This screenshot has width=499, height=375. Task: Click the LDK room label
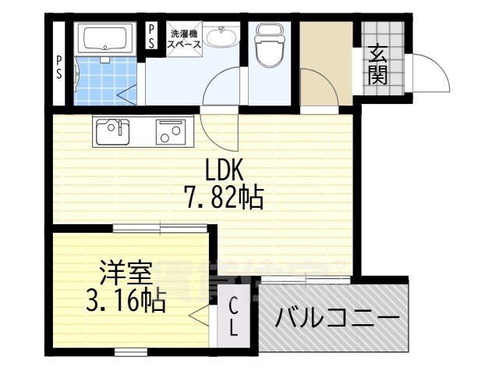click(x=225, y=170)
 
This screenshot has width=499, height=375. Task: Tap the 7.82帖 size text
click(x=224, y=198)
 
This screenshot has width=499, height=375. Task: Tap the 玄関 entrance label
click(x=378, y=65)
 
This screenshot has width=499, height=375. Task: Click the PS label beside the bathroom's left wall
click(x=60, y=66)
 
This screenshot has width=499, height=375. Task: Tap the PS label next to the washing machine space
click(x=153, y=36)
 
